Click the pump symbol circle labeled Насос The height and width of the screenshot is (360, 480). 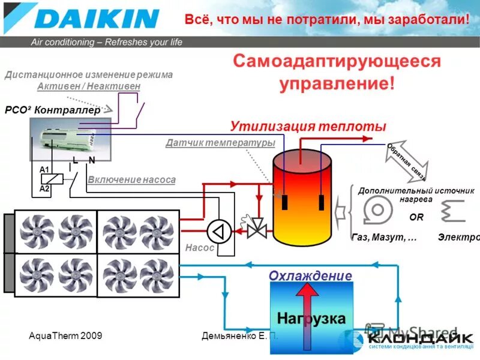(x=219, y=230)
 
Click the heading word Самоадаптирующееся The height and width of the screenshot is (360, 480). (x=337, y=61)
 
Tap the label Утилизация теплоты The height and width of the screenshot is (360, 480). (x=308, y=126)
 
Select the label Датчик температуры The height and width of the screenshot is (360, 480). (x=220, y=143)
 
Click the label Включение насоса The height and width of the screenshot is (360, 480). (x=131, y=179)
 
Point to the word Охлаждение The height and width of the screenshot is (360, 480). (x=310, y=275)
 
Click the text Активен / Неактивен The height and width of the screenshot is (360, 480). (x=89, y=86)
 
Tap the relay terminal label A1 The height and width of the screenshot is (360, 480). (x=44, y=170)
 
